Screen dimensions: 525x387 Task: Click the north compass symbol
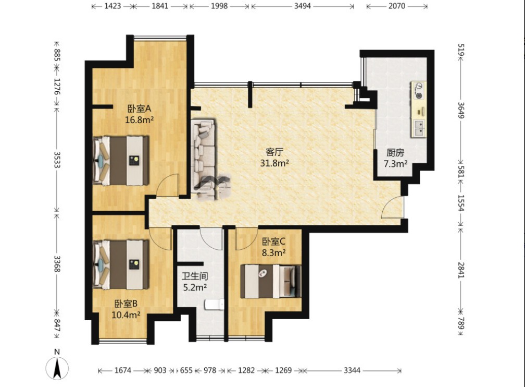pos(57,368)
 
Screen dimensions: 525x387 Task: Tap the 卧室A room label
pos(139,108)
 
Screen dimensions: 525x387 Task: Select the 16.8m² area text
pos(139,120)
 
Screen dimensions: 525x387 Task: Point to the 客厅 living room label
pos(274,152)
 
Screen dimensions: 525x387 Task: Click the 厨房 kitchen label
pos(395,153)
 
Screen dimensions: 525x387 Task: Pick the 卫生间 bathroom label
pos(195,276)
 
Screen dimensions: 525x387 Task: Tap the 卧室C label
pos(273,241)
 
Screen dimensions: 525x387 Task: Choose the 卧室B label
pos(126,304)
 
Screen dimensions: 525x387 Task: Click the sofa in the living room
pos(203,158)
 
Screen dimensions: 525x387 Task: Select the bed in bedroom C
pos(271,281)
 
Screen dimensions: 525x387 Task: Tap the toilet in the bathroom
pos(214,305)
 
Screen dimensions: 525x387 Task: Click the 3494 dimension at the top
pos(302,6)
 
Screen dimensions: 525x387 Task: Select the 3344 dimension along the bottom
pos(352,370)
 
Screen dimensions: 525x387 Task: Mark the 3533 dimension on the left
pos(57,160)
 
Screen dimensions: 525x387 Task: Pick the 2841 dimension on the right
pos(461,270)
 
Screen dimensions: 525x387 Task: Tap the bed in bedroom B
pos(120,264)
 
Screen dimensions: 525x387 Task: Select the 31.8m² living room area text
pos(274,163)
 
